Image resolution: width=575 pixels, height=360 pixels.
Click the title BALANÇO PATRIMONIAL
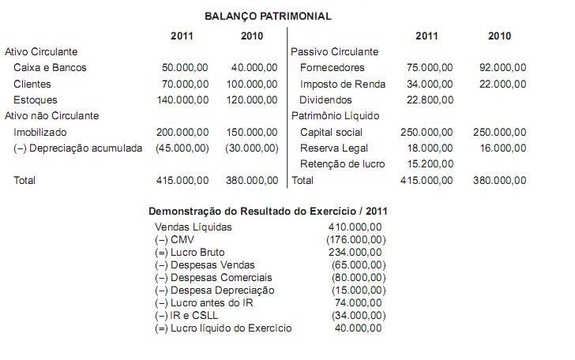[x=269, y=16]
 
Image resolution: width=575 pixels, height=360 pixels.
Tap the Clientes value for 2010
[x=254, y=84]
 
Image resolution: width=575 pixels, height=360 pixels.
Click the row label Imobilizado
[x=40, y=132]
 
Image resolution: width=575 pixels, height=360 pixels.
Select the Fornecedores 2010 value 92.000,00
[x=502, y=68]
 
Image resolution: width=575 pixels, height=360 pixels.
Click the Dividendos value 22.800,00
[x=429, y=99]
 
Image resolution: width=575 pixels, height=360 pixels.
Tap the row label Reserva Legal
[x=334, y=148]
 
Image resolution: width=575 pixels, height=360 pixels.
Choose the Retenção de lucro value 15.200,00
[x=429, y=163]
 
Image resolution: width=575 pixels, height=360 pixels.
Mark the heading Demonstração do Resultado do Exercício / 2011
[x=268, y=211]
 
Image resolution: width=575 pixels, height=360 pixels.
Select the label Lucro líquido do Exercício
[x=224, y=328]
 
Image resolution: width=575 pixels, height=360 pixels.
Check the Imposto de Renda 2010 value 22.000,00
[x=502, y=84]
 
